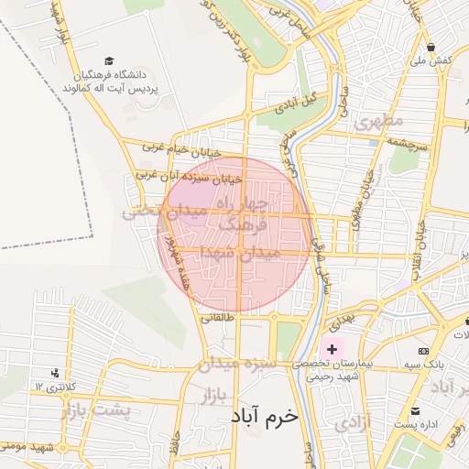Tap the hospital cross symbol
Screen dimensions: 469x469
pyautogui.click(x=332, y=350)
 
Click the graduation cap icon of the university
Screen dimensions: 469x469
pyautogui.click(x=110, y=60)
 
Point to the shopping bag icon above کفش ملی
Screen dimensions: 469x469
pyautogui.click(x=430, y=47)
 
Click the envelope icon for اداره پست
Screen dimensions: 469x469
pyautogui.click(x=417, y=411)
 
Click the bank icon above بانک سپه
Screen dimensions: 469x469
pyautogui.click(x=423, y=351)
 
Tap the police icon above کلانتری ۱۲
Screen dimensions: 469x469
pyautogui.click(x=57, y=373)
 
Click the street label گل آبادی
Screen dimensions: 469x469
pyautogui.click(x=303, y=98)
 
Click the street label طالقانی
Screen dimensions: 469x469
pyautogui.click(x=218, y=318)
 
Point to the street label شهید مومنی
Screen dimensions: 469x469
pyautogui.click(x=27, y=449)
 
